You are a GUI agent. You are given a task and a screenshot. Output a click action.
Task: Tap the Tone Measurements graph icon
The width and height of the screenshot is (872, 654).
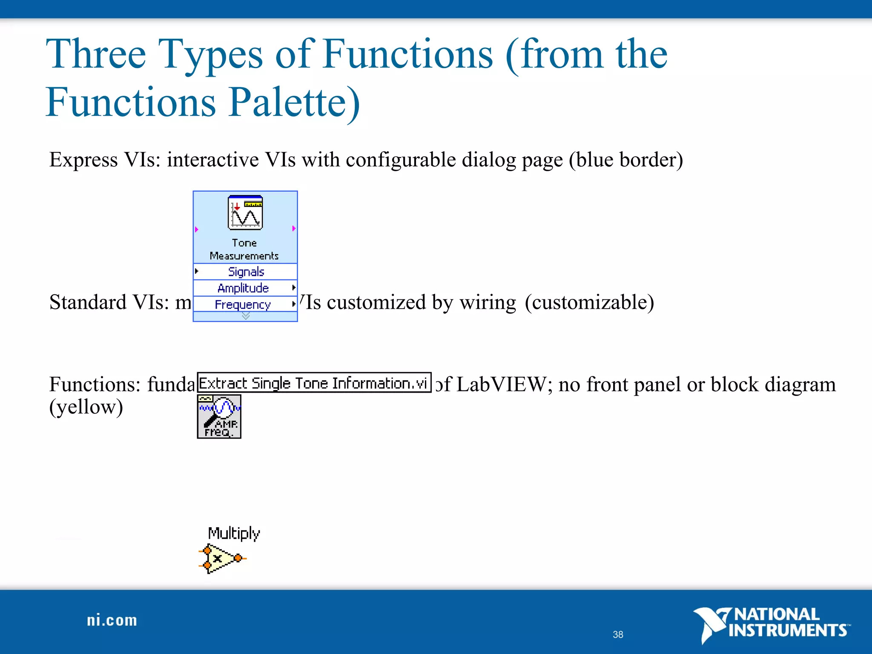[x=245, y=212]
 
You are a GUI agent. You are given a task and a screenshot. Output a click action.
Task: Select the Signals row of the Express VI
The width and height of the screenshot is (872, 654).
[x=246, y=272]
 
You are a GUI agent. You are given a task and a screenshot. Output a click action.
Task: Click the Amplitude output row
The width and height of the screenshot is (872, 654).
[x=243, y=288]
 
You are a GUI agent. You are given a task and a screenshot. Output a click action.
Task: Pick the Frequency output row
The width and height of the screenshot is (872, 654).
[x=243, y=304]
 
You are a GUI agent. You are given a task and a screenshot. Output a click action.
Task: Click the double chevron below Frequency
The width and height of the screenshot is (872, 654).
[x=246, y=316]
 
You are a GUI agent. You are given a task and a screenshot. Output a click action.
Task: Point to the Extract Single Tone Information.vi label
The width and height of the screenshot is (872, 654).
[x=314, y=383]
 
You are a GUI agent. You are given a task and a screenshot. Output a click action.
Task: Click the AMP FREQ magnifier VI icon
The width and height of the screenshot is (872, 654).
[x=219, y=416]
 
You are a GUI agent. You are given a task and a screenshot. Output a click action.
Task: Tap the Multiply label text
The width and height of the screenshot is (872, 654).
[x=234, y=533]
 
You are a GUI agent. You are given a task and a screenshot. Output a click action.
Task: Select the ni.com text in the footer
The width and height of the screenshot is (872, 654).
[x=112, y=620]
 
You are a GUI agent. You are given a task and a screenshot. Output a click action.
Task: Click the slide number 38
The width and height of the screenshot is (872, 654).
[x=618, y=634]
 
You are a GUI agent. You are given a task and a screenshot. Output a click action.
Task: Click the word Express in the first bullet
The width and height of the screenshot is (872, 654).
[x=83, y=160]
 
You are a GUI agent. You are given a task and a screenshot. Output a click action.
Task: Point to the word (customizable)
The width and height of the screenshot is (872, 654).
[x=589, y=302]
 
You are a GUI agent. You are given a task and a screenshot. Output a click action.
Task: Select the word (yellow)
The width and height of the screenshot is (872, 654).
[x=86, y=407]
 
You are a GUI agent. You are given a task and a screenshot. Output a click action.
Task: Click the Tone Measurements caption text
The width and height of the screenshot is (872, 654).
[x=244, y=249]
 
